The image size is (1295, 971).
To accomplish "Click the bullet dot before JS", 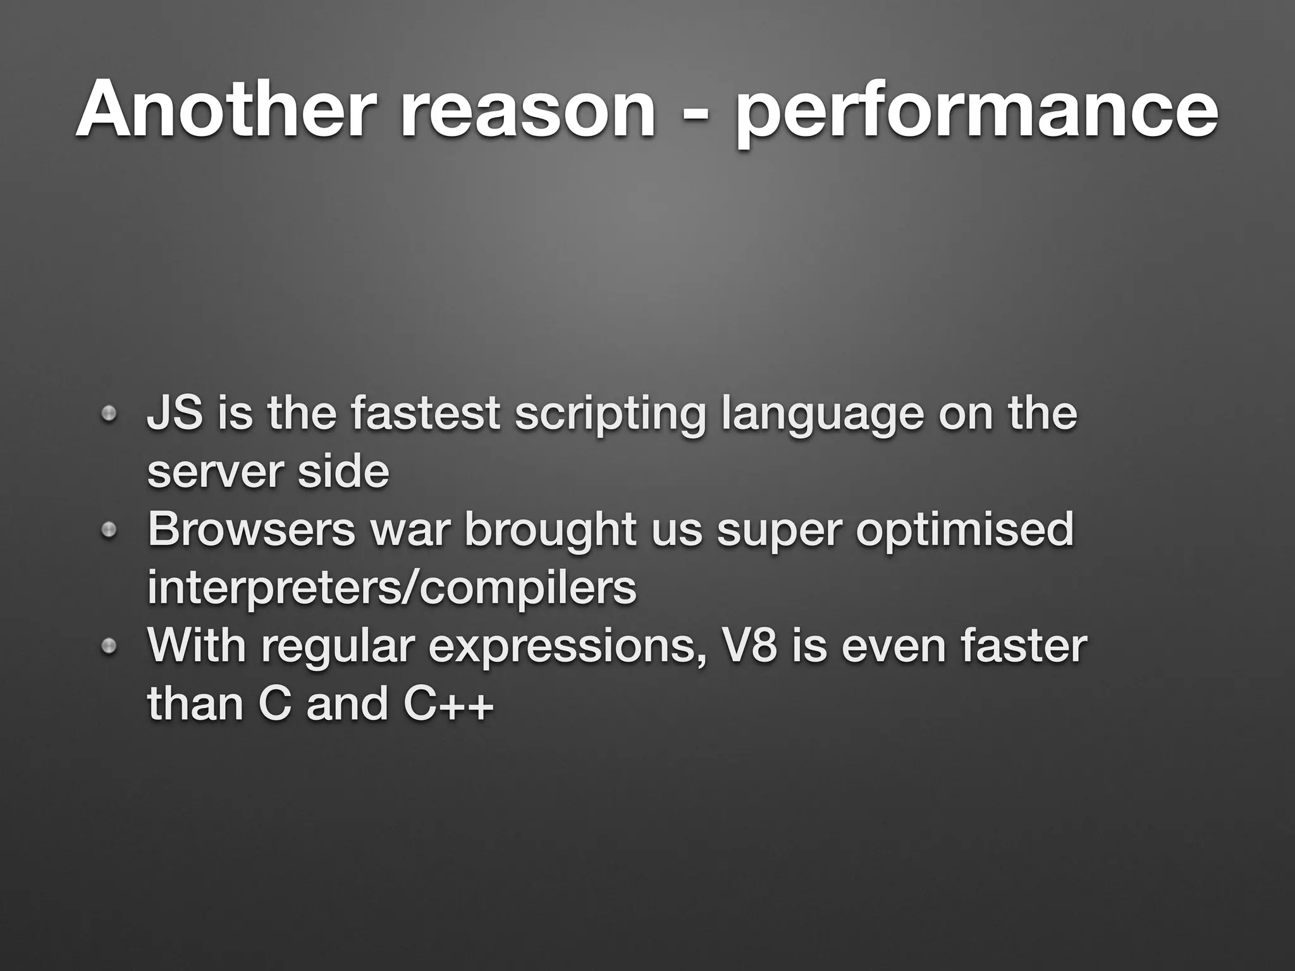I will click(109, 415).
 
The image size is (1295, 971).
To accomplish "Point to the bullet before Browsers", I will click(109, 529).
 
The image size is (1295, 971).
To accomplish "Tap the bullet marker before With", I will click(109, 645).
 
